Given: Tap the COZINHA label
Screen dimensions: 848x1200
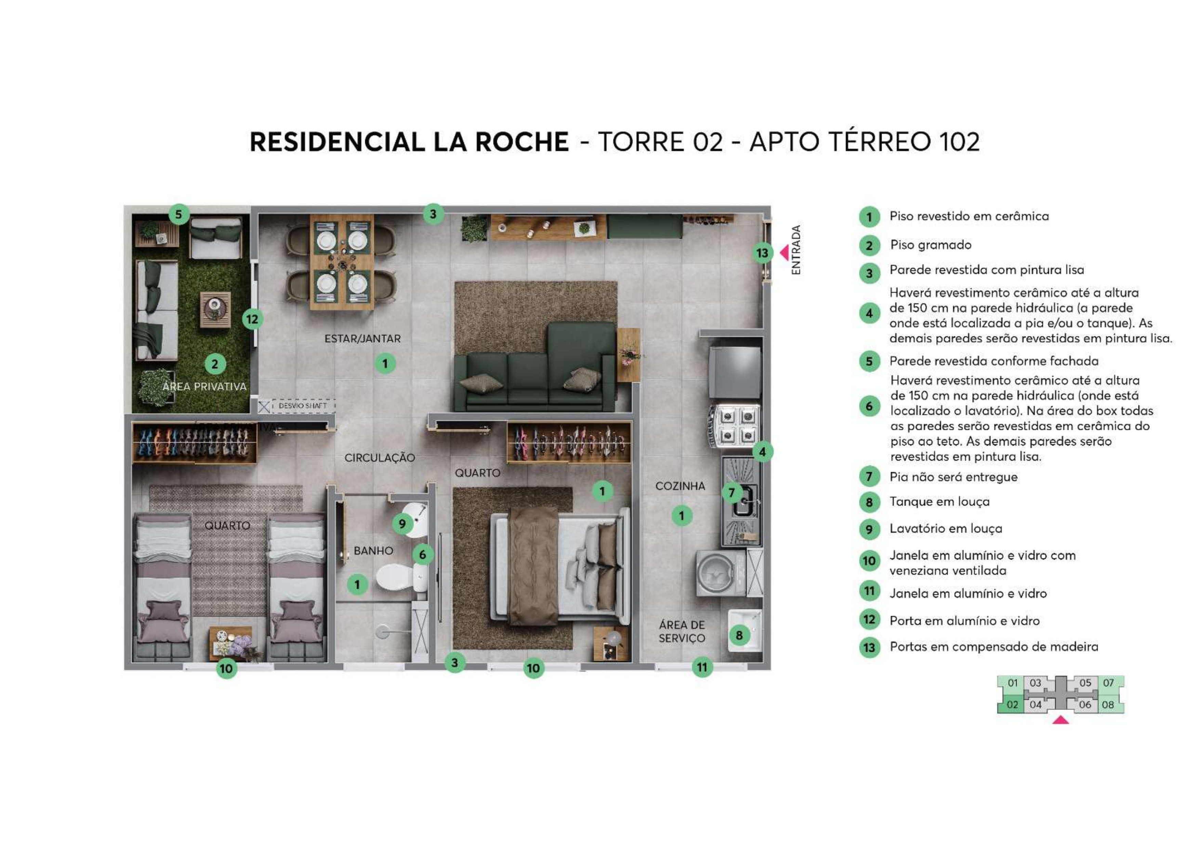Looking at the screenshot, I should (x=680, y=486).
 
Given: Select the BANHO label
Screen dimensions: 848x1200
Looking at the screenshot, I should (x=373, y=551).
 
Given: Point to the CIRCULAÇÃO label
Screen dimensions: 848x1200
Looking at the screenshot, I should (x=380, y=458).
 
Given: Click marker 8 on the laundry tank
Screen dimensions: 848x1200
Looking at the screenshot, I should (x=739, y=635).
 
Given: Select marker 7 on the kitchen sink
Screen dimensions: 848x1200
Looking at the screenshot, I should (x=732, y=492).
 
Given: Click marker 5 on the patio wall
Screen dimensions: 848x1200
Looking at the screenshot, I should (x=179, y=214).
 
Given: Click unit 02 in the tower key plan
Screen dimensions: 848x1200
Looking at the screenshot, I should (x=1012, y=704).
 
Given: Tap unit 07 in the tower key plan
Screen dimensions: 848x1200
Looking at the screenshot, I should (x=1108, y=683).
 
